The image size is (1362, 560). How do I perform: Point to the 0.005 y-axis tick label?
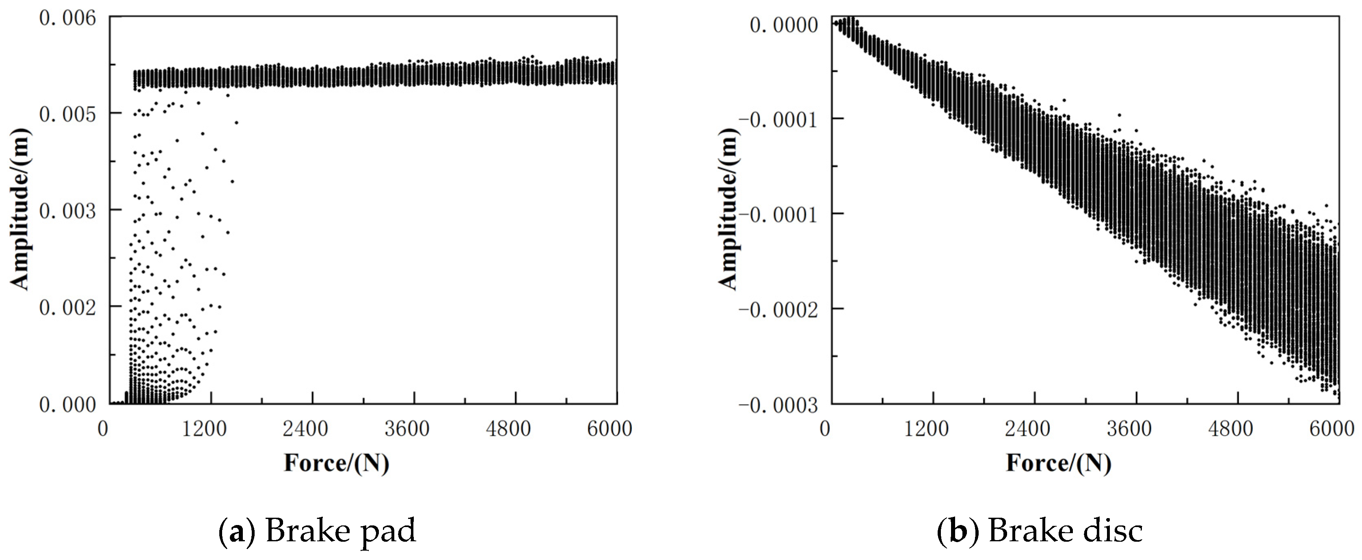pyautogui.click(x=68, y=114)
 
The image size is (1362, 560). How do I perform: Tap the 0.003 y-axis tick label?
pyautogui.click(x=68, y=211)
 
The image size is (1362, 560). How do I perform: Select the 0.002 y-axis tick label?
pyautogui.click(x=68, y=307)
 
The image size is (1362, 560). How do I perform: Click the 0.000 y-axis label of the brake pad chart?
pyautogui.click(x=68, y=405)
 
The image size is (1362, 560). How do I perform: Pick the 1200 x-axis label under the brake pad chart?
pyautogui.click(x=204, y=428)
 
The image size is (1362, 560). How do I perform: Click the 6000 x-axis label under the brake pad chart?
pyautogui.click(x=609, y=428)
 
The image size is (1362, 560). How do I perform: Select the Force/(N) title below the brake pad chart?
pyautogui.click(x=336, y=463)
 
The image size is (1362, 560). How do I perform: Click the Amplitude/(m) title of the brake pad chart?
pyautogui.click(x=20, y=209)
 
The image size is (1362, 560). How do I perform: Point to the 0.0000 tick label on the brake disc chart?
pyautogui.click(x=784, y=24)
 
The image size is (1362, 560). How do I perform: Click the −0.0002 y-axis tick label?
pyautogui.click(x=777, y=309)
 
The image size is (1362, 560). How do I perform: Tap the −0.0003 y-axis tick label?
pyautogui.click(x=777, y=406)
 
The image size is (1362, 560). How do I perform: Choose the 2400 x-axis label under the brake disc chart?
pyautogui.click(x=1027, y=428)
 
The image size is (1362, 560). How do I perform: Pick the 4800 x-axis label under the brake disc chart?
pyautogui.click(x=1230, y=428)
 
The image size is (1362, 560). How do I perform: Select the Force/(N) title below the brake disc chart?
pyautogui.click(x=1059, y=463)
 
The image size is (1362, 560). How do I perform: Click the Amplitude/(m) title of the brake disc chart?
pyautogui.click(x=728, y=209)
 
